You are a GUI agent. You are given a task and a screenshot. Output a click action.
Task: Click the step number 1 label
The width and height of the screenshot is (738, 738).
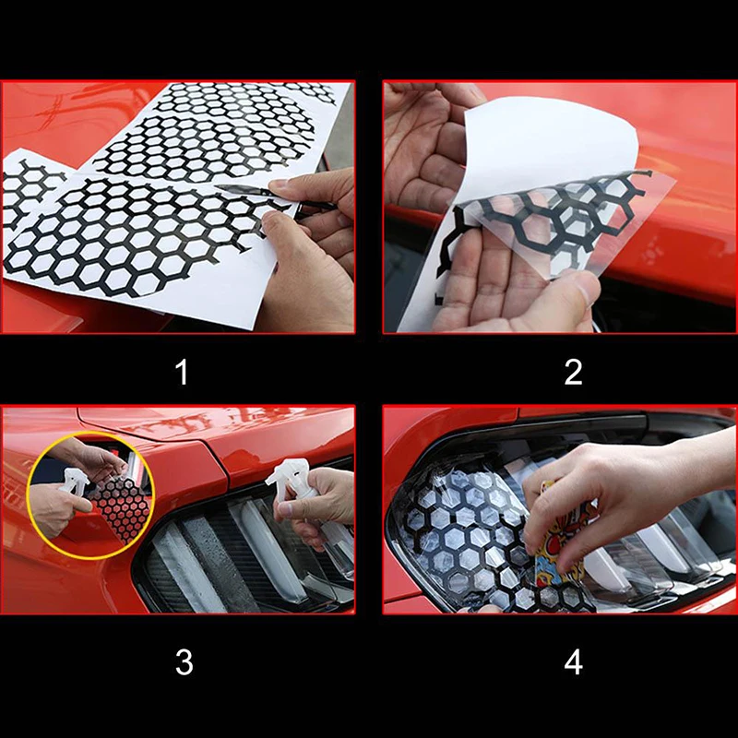(182, 372)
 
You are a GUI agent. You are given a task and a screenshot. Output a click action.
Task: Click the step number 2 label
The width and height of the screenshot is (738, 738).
(573, 372)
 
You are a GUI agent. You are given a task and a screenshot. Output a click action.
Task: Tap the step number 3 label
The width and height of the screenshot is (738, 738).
(184, 662)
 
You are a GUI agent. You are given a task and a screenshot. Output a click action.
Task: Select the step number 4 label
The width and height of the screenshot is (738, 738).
(573, 662)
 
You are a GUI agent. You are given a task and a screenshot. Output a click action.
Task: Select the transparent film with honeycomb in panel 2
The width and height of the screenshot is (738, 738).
(560, 221)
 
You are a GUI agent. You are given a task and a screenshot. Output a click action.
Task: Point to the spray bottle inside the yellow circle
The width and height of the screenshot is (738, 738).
(75, 480)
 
